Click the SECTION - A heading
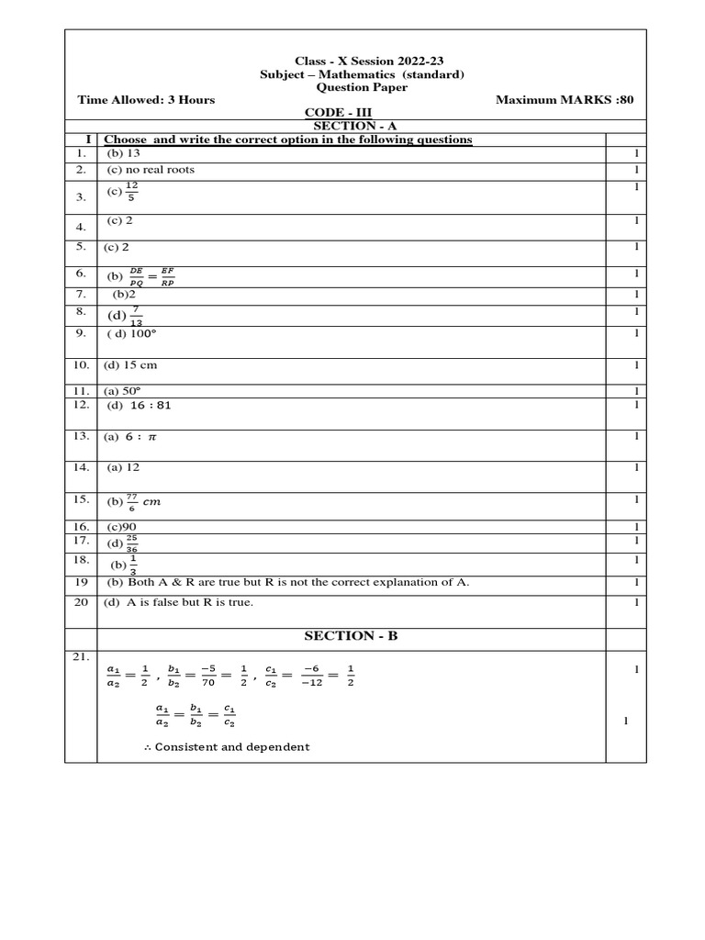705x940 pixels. (x=357, y=126)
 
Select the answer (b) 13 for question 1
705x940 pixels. (x=123, y=153)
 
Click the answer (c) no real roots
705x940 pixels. (x=151, y=170)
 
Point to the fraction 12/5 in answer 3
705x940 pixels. (x=132, y=191)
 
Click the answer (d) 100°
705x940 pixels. (x=134, y=334)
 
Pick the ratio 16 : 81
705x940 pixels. (x=151, y=405)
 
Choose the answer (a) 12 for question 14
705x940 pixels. (x=123, y=467)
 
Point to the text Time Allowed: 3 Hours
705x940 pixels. (x=147, y=99)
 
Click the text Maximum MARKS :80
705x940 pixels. (x=565, y=99)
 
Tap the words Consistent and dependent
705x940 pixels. (x=232, y=746)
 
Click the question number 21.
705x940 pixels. (x=81, y=657)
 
